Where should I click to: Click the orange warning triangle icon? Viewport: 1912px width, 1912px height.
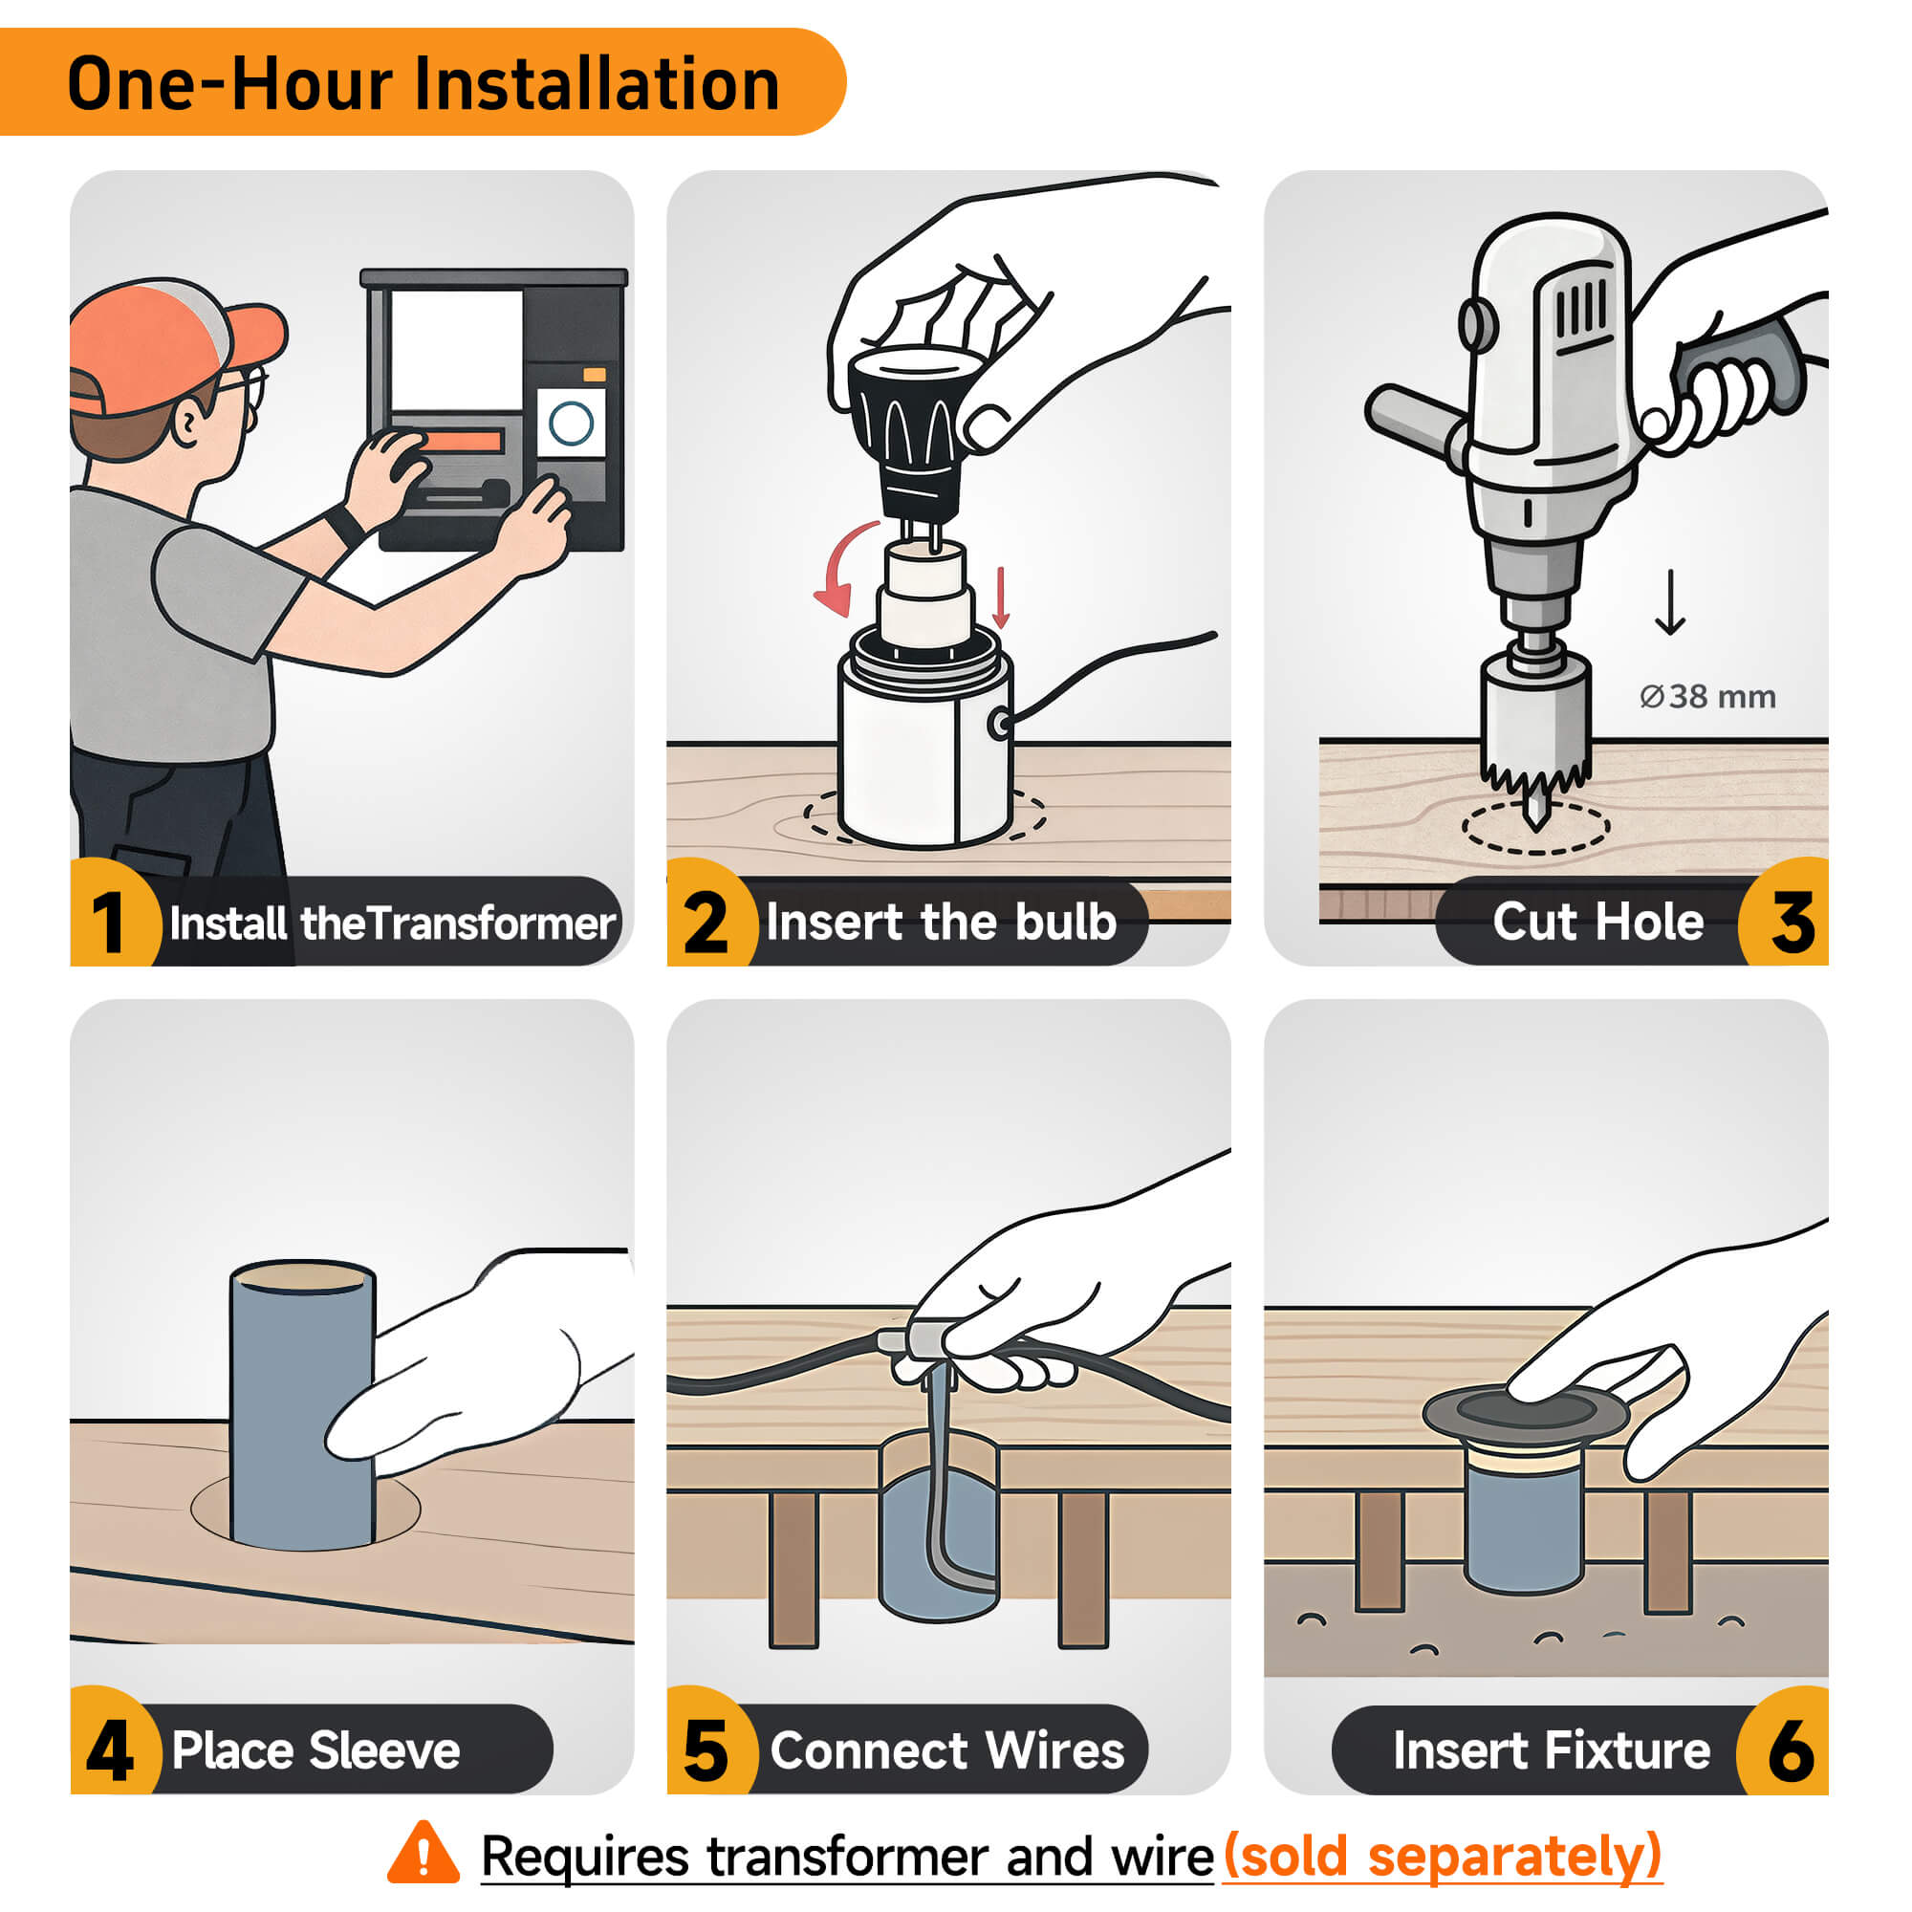click(x=424, y=1853)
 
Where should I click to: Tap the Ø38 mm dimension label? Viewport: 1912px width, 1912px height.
click(x=1707, y=697)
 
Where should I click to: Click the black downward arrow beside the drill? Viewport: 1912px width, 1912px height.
click(x=1670, y=601)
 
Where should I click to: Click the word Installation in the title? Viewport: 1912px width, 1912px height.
click(x=597, y=83)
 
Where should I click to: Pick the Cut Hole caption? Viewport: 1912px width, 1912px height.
click(x=1597, y=922)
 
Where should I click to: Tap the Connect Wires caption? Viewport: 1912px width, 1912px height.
click(x=947, y=1750)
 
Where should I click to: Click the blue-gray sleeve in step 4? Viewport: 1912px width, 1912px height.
click(x=302, y=1405)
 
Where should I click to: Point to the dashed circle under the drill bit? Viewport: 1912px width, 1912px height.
click(x=1535, y=827)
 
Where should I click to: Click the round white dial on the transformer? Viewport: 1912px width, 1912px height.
click(x=571, y=423)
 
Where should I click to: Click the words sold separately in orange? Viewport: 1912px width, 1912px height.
click(x=1443, y=1856)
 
